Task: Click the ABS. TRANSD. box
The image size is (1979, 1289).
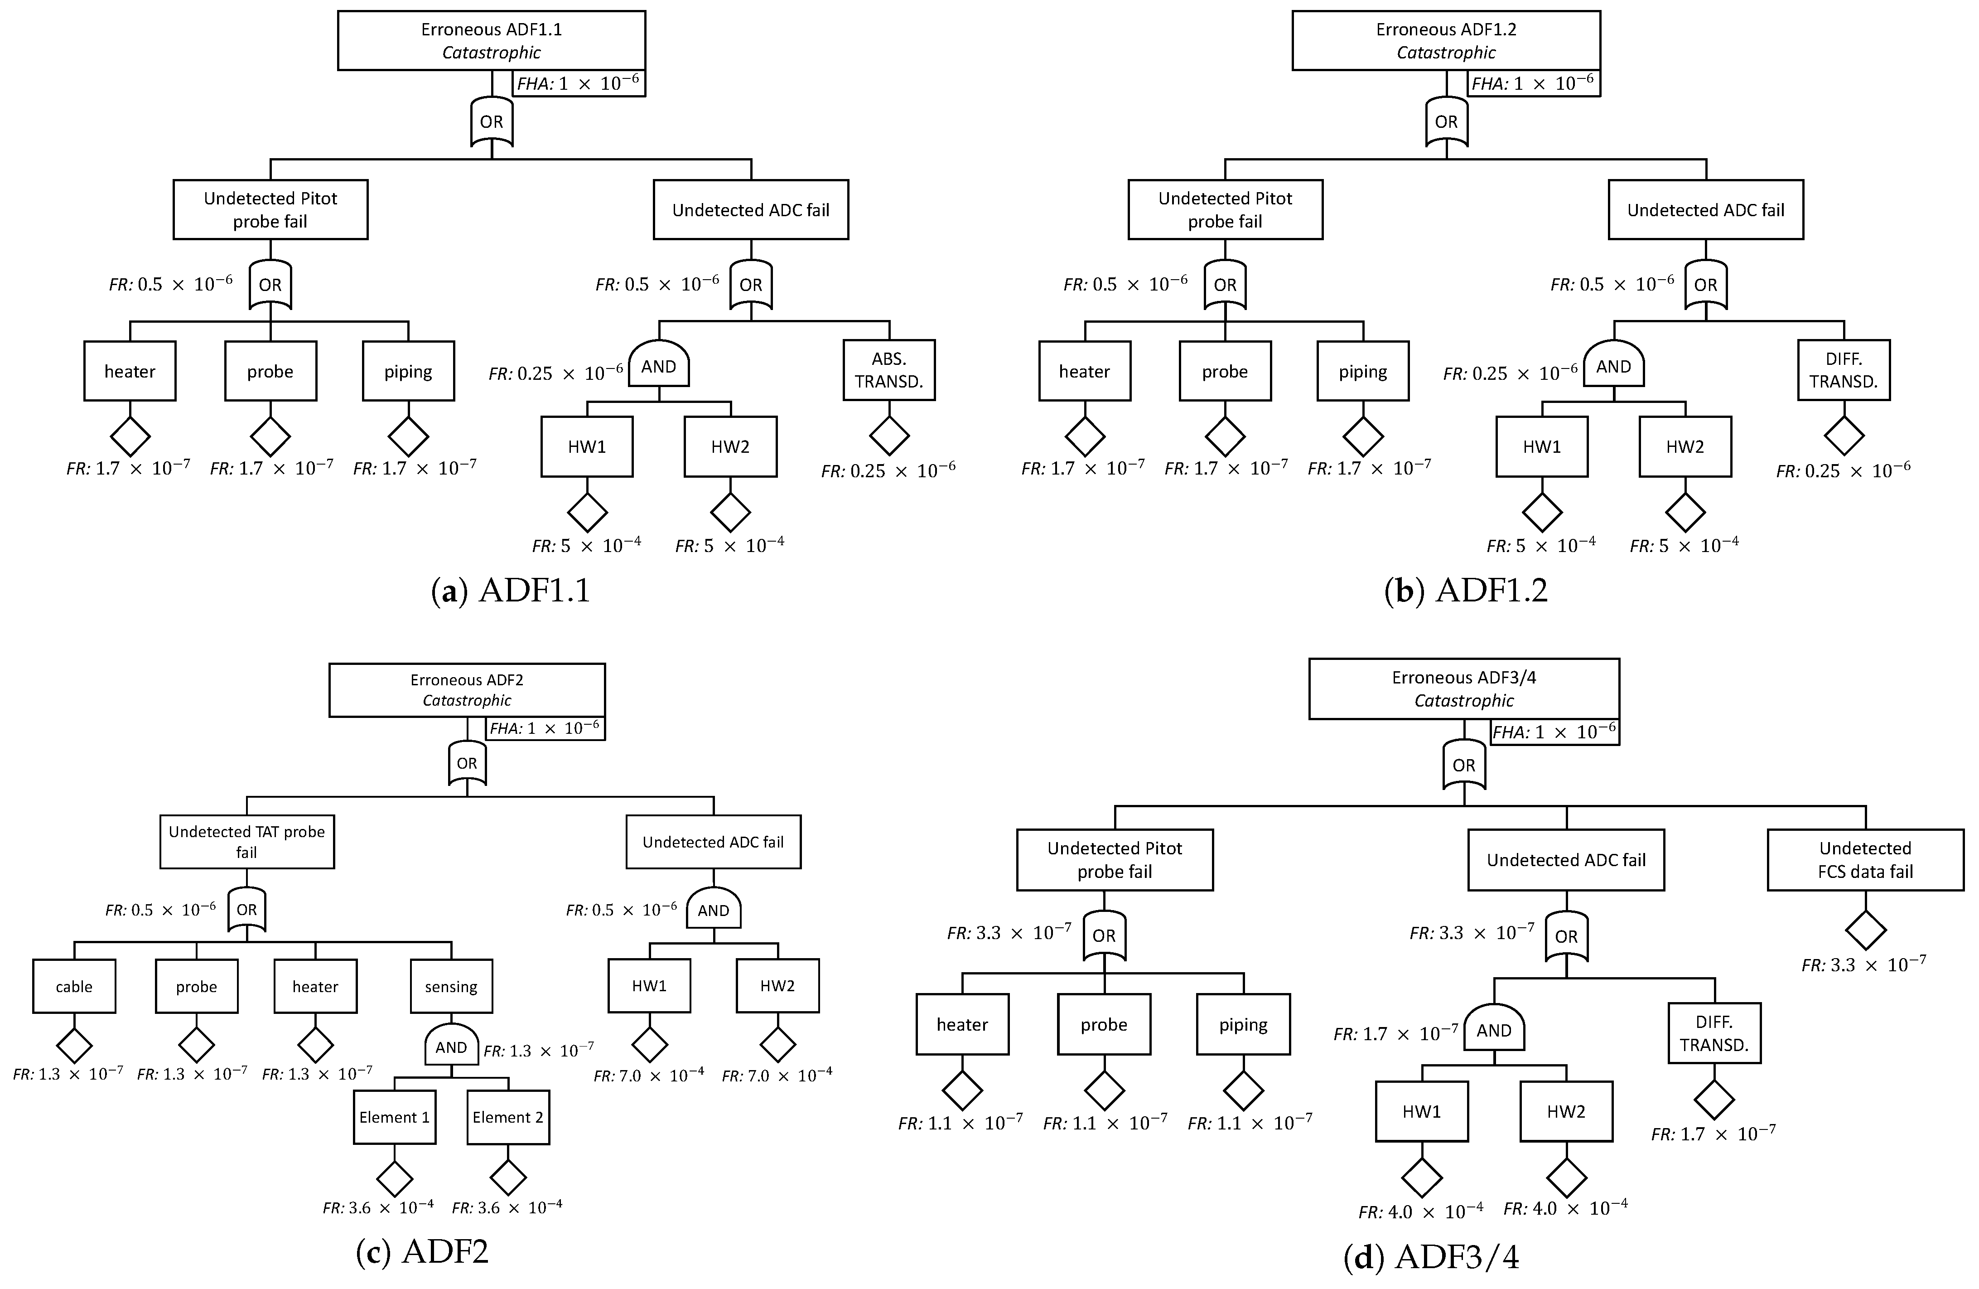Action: [x=889, y=370]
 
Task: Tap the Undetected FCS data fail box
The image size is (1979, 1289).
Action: [x=1865, y=860]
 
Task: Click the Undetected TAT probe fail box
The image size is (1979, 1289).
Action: [x=247, y=842]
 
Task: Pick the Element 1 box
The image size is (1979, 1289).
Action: [x=394, y=1117]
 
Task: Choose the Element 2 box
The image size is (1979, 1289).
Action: [x=508, y=1117]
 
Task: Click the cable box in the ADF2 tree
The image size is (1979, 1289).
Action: [x=74, y=986]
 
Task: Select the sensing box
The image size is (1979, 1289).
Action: [x=451, y=986]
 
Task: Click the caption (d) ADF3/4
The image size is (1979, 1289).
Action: [x=1431, y=1257]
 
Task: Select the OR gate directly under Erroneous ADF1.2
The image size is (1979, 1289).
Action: [x=1446, y=121]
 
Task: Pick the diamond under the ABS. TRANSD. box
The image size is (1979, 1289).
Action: [x=889, y=436]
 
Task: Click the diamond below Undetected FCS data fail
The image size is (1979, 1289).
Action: [x=1865, y=930]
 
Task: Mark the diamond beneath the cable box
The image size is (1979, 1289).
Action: [x=74, y=1045]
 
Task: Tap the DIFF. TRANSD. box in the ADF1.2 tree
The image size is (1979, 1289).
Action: [x=1844, y=370]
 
